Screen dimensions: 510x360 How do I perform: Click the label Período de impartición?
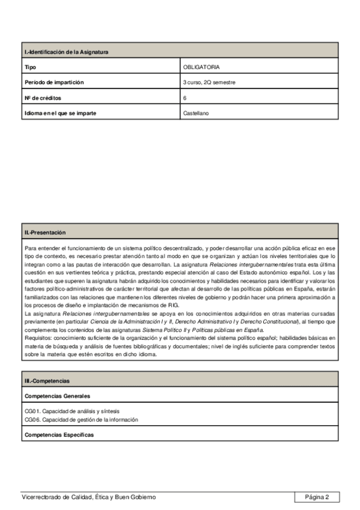[x=55, y=82]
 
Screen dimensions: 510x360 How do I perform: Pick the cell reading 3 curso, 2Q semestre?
[x=209, y=82]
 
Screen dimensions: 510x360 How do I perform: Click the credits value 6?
[x=185, y=97]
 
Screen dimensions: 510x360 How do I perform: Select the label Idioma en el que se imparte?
[x=61, y=112]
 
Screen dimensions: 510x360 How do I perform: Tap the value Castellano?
[x=196, y=112]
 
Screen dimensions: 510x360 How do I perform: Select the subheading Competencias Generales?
[x=58, y=396]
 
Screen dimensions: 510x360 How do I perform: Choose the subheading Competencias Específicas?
[x=59, y=434]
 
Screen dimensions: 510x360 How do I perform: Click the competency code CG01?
[x=32, y=411]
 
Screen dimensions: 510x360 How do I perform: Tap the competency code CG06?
[x=32, y=419]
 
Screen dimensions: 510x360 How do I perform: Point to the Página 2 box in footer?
[x=317, y=497]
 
